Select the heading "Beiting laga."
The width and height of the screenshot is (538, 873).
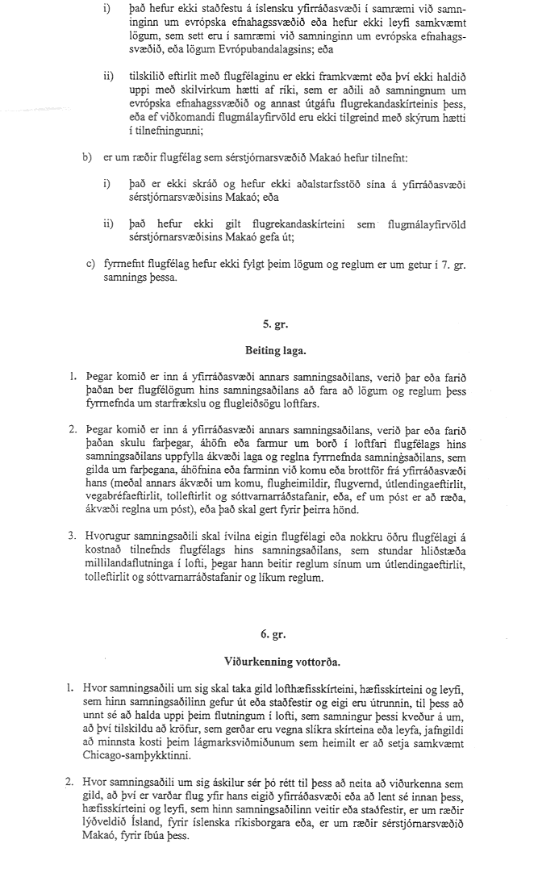click(269, 352)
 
